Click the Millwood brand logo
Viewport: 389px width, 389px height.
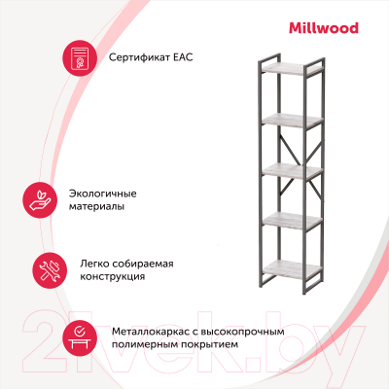324,28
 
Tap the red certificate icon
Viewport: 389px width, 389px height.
80,58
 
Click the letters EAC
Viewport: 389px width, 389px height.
183,57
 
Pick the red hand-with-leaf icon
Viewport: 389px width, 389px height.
40,200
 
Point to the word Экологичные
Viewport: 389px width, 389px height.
102,194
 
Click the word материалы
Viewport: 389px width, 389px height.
96,206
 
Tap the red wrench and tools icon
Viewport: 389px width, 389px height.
50,270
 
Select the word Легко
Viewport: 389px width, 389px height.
94,264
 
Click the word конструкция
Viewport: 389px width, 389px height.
112,277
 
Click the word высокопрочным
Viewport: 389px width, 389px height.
243,332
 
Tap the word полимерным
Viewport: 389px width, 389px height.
145,344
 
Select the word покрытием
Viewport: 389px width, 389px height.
209,344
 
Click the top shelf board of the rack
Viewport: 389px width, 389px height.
292,68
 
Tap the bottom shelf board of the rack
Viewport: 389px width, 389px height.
292,269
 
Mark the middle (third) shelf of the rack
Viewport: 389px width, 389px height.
292,171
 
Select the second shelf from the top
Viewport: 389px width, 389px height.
292,120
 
